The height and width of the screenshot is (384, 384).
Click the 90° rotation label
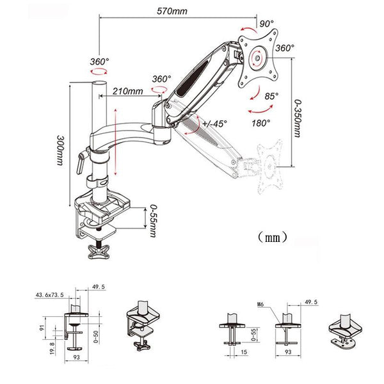tap(266, 24)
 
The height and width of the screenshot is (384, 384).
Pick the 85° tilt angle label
tap(273, 97)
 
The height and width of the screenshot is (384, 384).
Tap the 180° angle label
tap(260, 122)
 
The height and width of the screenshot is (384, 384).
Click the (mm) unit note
tap(271, 237)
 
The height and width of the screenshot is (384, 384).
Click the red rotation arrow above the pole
tap(99, 73)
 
